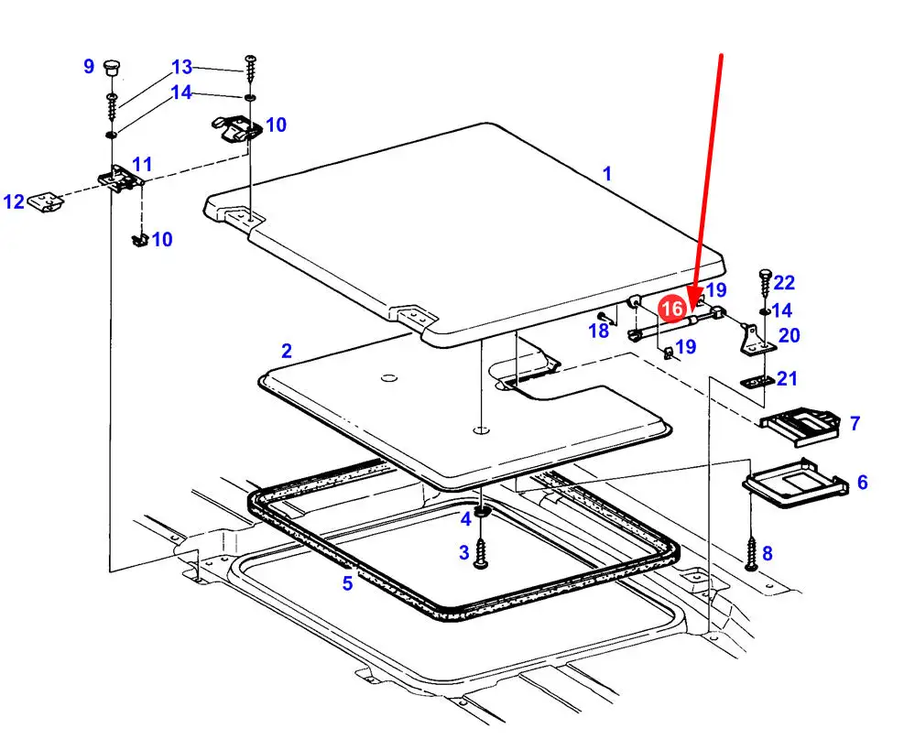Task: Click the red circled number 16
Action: (672, 309)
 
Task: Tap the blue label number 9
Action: (88, 66)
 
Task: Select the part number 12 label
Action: (14, 201)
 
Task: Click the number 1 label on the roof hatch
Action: (606, 173)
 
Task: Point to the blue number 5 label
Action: (347, 582)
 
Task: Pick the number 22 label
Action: (784, 282)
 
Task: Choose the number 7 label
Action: (855, 423)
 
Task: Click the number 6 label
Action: (863, 482)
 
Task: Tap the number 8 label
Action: (767, 553)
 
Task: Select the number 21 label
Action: (787, 379)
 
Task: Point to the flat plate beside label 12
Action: (46, 203)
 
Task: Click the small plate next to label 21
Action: (757, 382)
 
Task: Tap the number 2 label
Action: (287, 351)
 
